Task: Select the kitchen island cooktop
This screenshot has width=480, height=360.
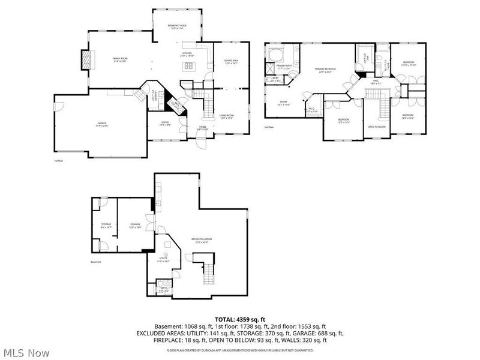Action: (189, 66)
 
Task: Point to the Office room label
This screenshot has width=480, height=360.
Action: (164, 124)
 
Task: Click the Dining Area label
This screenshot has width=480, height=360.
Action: (231, 61)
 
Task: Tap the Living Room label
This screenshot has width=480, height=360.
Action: (226, 116)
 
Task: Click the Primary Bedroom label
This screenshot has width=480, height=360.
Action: (325, 70)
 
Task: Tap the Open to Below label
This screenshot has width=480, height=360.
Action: (376, 127)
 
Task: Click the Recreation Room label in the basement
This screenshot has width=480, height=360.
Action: (202, 240)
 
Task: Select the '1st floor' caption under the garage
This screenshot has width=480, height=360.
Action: (59, 161)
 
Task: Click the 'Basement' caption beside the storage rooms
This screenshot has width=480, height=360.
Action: (96, 262)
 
